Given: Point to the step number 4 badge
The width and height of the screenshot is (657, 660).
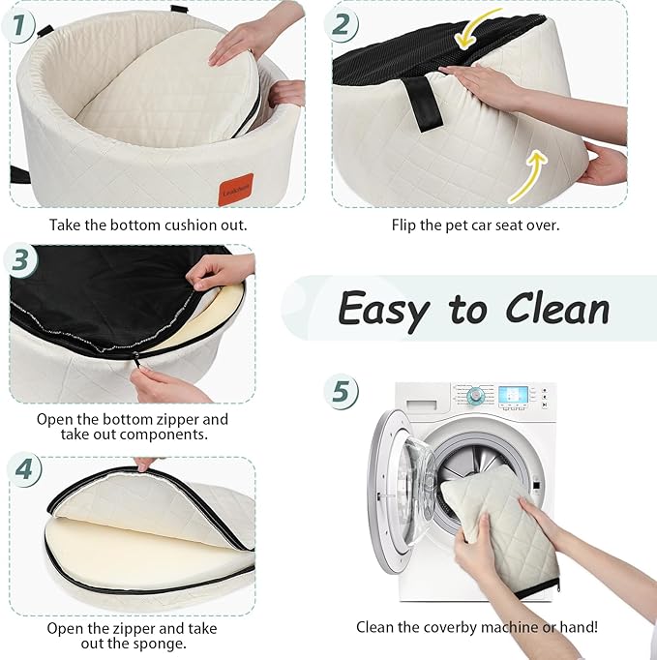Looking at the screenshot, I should click(24, 469).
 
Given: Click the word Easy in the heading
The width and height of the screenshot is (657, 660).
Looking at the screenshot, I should click(382, 310).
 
